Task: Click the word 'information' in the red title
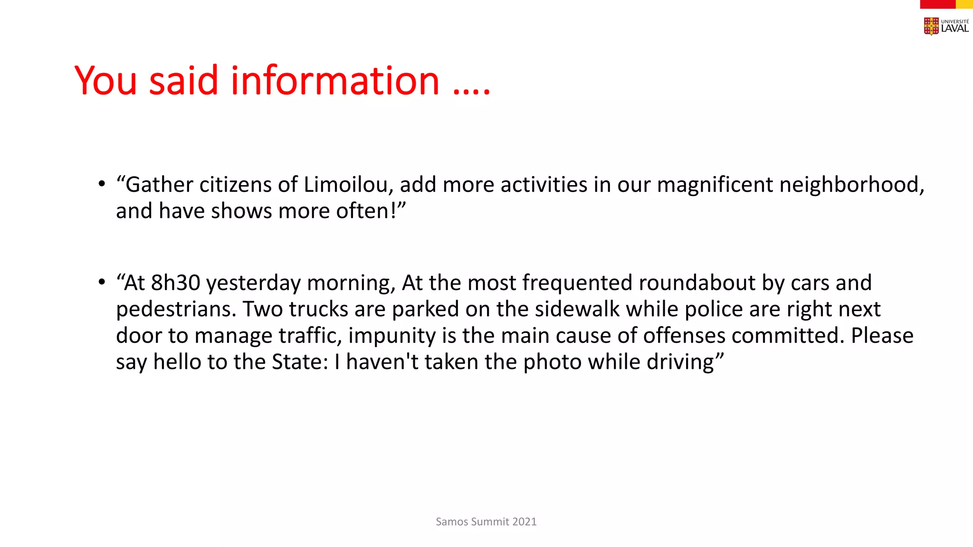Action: coord(335,81)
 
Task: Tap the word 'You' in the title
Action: coord(105,81)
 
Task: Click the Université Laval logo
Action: coord(945,26)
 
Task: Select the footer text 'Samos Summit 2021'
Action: coord(486,522)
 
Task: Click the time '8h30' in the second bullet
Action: coord(175,283)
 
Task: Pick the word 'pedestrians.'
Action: coord(176,310)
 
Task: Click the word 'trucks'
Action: coord(318,310)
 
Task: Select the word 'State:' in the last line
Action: coord(300,362)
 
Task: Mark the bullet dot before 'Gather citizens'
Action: coord(102,184)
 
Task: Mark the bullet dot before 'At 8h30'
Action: coord(102,283)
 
